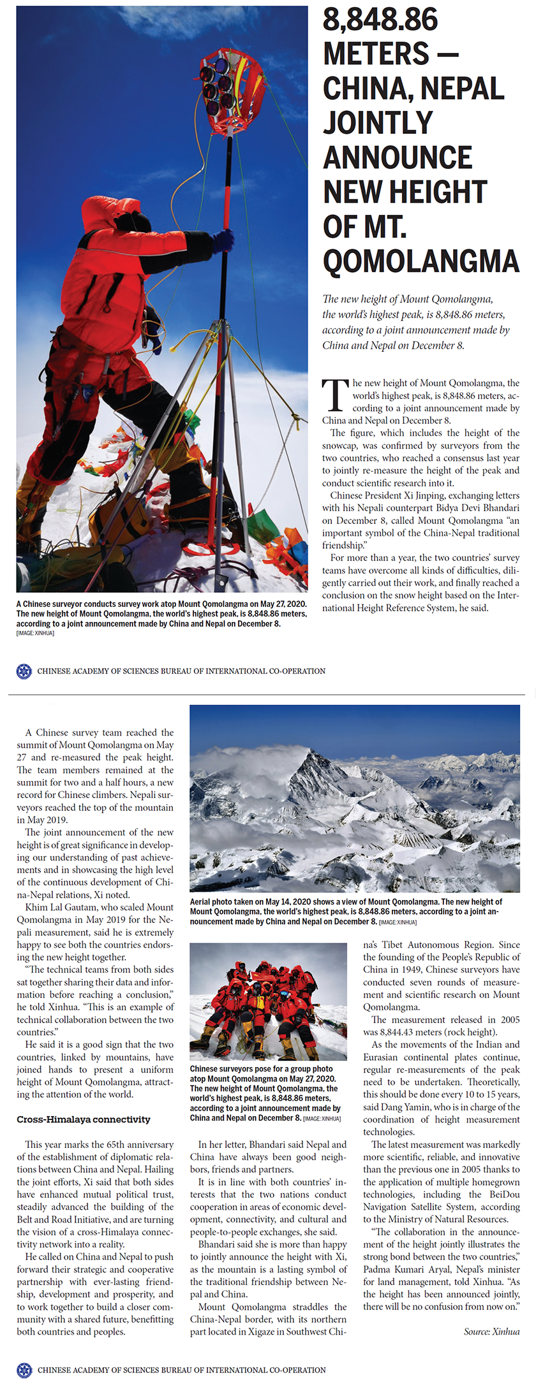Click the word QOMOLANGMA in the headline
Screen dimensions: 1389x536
click(x=421, y=261)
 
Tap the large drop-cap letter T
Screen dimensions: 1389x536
click(x=335, y=395)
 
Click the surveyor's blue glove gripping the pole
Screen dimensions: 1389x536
click(x=223, y=240)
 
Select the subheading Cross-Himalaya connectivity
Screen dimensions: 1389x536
click(x=84, y=1119)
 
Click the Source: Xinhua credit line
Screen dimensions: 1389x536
click(x=491, y=1331)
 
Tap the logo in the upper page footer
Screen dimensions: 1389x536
click(x=24, y=671)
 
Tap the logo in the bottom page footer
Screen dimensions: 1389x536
click(x=24, y=1369)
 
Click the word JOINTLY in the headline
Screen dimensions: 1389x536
click(x=378, y=122)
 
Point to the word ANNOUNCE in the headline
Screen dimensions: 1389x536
click(x=398, y=157)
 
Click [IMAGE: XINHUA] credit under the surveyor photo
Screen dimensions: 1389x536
click(x=35, y=633)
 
